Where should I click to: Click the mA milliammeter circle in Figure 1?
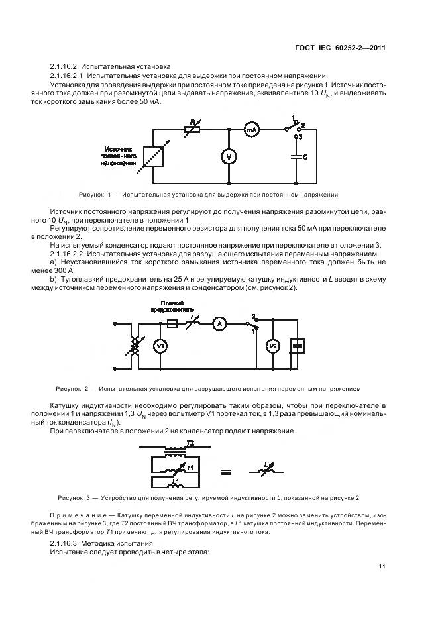click(x=252, y=131)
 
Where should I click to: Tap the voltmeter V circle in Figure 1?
click(x=229, y=156)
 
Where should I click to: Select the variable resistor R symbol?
click(x=192, y=129)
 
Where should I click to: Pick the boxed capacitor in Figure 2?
click(x=298, y=345)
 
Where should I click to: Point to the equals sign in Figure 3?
click(x=226, y=472)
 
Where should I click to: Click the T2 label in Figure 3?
click(x=190, y=442)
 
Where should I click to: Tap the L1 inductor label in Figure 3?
click(x=176, y=480)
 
